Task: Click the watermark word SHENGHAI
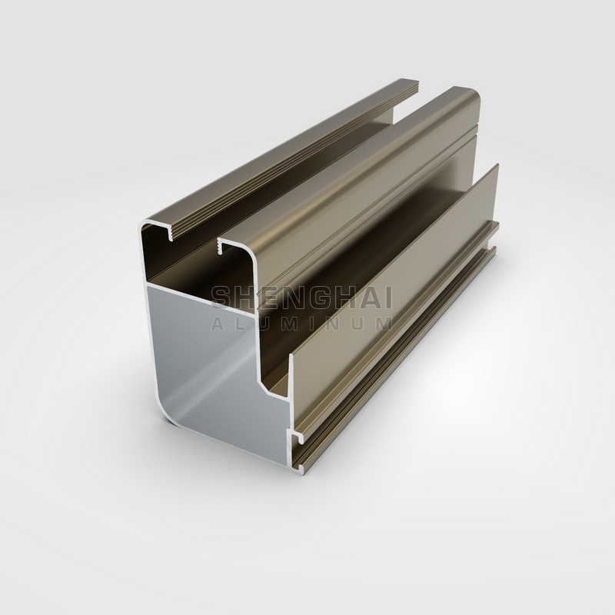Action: [x=301, y=298]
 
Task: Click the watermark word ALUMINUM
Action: [x=301, y=323]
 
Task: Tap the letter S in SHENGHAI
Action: [x=221, y=298]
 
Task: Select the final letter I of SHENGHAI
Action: [x=388, y=298]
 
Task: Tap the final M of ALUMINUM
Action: [x=384, y=323]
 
